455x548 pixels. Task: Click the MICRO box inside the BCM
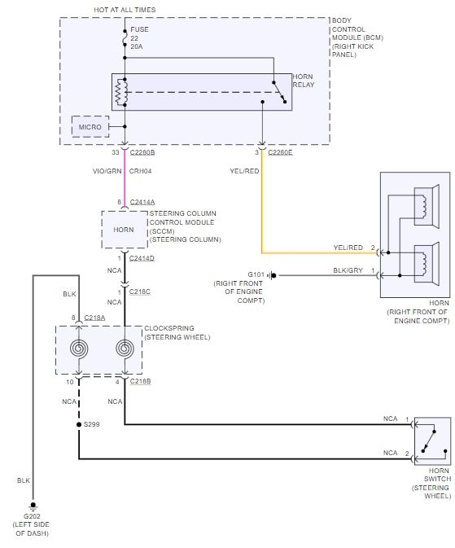pyautogui.click(x=90, y=126)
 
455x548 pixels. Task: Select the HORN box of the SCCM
pyautogui.click(x=124, y=230)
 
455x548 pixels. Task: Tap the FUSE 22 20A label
pyautogui.click(x=139, y=38)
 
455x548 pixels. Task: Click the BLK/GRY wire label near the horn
pyautogui.click(x=348, y=270)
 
